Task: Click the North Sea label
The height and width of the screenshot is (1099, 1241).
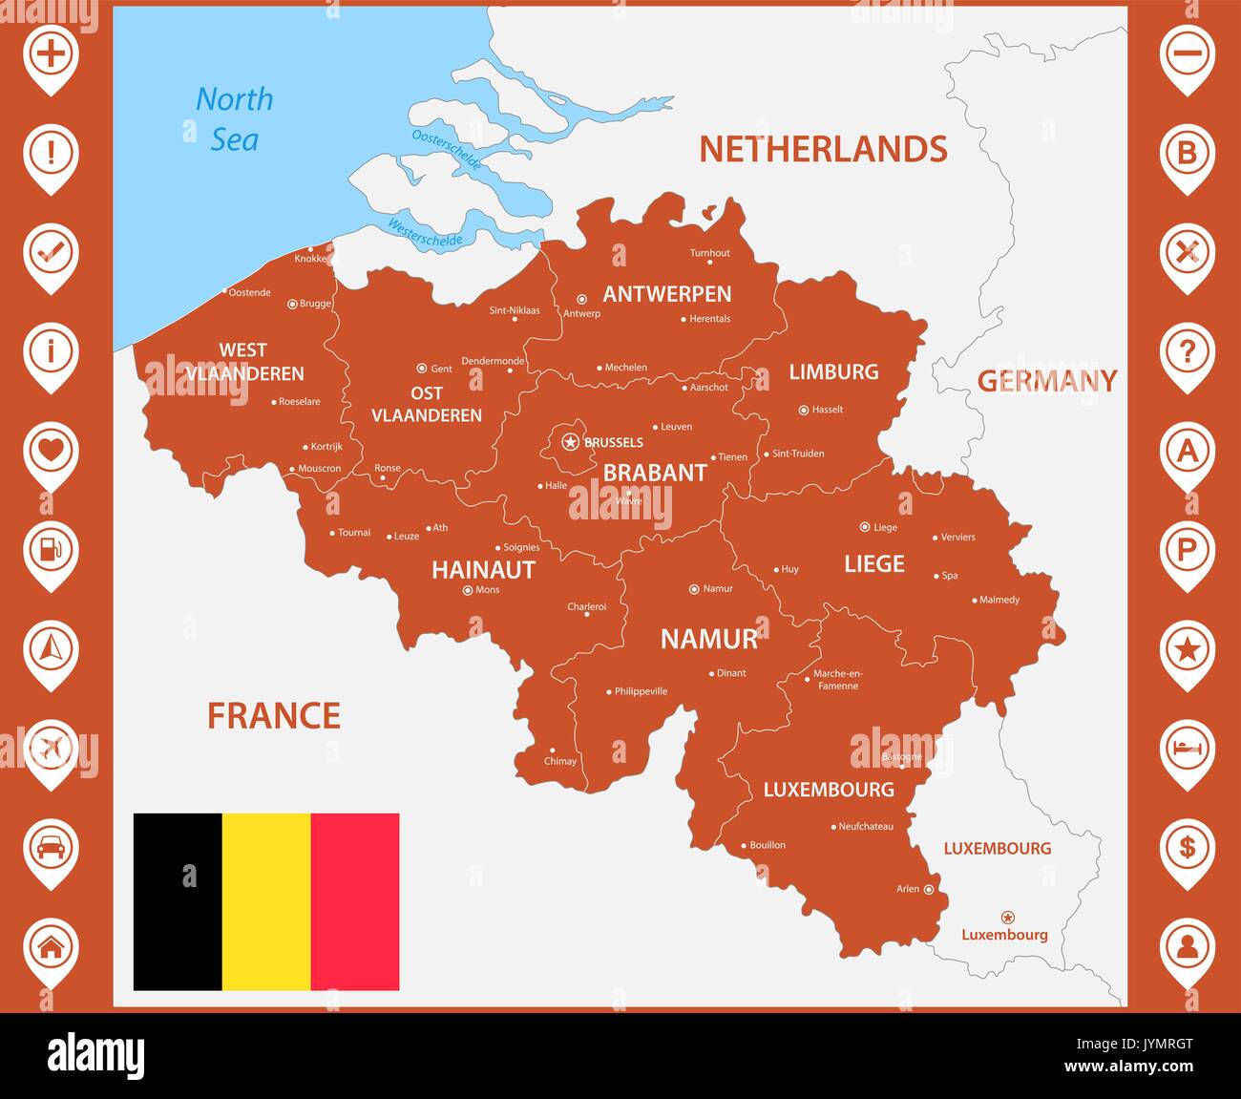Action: click(x=234, y=119)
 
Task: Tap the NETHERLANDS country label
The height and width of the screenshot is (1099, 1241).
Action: click(x=823, y=149)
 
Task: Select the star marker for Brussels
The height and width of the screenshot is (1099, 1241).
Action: click(x=571, y=441)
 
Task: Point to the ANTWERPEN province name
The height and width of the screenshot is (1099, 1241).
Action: click(x=666, y=294)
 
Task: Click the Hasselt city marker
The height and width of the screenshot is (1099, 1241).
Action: click(x=804, y=410)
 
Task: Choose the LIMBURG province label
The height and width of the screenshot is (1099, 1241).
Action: click(x=833, y=371)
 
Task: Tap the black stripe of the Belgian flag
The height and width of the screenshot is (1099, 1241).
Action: click(x=178, y=901)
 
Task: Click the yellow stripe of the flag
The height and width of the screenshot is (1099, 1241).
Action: click(x=266, y=901)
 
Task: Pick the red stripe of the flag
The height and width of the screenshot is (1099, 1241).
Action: click(x=355, y=901)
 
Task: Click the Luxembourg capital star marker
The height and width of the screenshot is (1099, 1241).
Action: click(x=1007, y=918)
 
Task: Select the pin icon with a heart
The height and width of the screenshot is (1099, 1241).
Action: click(x=51, y=450)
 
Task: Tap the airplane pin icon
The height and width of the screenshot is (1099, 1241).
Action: click(x=51, y=748)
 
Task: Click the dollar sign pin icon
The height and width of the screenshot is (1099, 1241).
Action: click(x=1187, y=847)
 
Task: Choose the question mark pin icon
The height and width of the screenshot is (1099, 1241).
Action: click(x=1187, y=351)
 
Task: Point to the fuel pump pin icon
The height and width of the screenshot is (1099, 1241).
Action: click(x=51, y=549)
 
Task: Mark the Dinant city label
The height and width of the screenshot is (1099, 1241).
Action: click(x=731, y=673)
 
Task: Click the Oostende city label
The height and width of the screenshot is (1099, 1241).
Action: click(x=250, y=292)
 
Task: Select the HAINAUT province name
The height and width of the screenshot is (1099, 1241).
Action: click(x=483, y=570)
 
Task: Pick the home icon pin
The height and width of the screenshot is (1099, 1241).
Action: click(x=51, y=946)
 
